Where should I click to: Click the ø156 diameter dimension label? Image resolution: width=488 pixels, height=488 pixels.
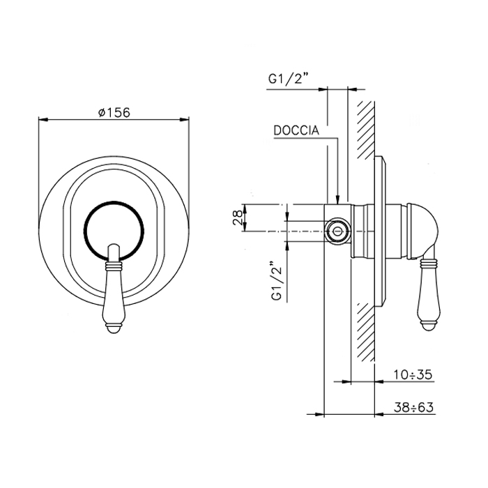point(114,112)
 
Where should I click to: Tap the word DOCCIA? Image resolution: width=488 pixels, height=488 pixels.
point(296,130)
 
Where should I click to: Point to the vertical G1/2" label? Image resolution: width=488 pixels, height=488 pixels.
point(277,281)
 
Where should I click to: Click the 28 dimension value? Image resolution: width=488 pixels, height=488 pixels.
point(238,218)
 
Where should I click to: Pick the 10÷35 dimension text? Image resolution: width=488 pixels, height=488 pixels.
point(413,375)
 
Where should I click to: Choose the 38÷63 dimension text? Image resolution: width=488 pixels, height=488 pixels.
point(413,407)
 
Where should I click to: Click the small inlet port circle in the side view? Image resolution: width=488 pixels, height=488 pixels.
point(337,231)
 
